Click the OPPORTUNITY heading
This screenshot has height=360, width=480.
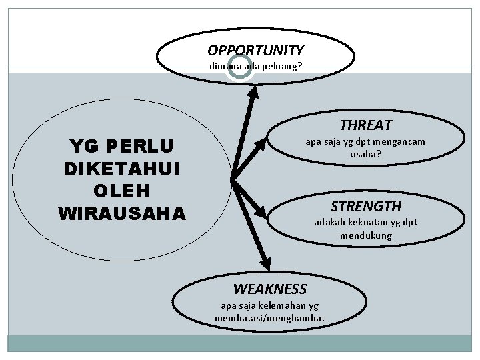255,50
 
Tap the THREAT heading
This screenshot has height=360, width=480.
365,125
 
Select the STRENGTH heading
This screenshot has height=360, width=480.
366,206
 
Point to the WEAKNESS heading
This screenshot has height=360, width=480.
269,289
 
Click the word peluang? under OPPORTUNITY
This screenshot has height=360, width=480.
283,67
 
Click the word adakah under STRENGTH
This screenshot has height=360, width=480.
329,223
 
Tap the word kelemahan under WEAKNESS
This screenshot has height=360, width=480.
281,305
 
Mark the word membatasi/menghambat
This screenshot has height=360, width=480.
269,317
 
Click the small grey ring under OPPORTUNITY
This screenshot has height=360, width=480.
239,67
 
